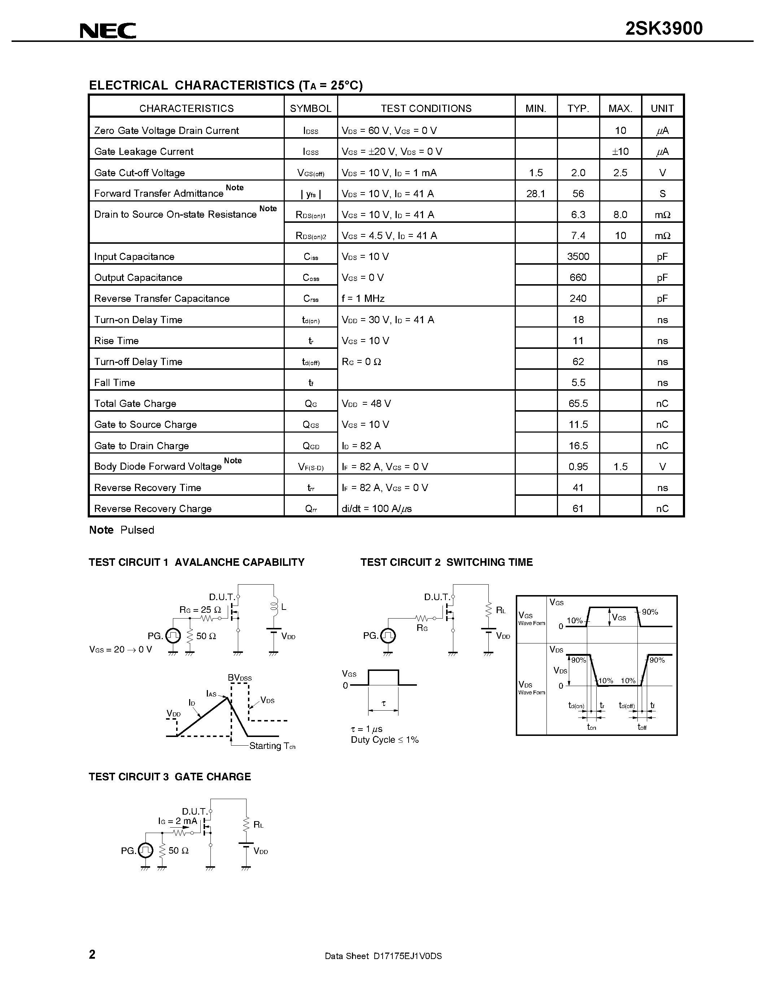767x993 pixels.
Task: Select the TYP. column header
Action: click(578, 108)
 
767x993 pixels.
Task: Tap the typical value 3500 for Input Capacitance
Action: click(578, 256)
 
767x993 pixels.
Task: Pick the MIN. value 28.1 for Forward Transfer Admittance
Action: click(536, 194)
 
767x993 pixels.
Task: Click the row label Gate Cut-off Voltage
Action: click(139, 173)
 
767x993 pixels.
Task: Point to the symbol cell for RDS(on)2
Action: click(311, 235)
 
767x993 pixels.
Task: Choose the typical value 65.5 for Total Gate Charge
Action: click(578, 404)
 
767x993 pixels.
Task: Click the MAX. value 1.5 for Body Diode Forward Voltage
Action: click(620, 467)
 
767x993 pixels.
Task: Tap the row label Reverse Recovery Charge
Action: click(153, 509)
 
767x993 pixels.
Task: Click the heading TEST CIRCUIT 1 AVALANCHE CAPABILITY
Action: click(196, 563)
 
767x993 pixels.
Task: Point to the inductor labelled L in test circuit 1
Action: click(274, 607)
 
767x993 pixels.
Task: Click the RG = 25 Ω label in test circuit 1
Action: click(200, 610)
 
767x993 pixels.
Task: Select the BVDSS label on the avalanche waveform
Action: click(239, 678)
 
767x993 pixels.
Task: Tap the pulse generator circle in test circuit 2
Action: click(388, 636)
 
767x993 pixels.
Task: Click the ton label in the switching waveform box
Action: click(591, 727)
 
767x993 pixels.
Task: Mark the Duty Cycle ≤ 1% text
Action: click(384, 740)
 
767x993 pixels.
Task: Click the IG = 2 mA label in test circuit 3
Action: click(178, 821)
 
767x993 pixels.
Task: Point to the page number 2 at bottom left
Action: click(92, 954)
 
